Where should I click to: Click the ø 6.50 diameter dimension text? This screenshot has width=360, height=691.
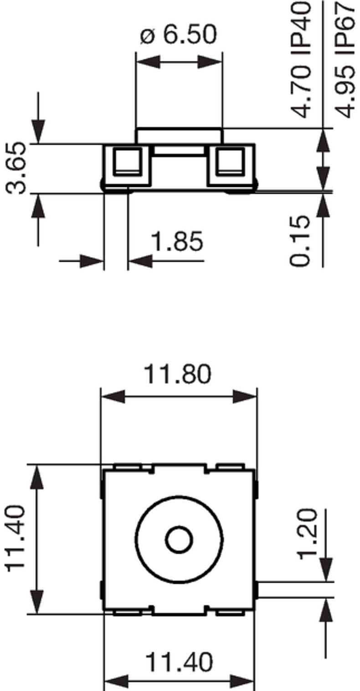pyautogui.click(x=178, y=35)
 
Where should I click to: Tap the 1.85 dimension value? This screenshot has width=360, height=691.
pyautogui.click(x=177, y=242)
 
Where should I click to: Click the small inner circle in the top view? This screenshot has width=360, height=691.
pyautogui.click(x=179, y=540)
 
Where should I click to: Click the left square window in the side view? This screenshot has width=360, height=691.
pyautogui.click(x=127, y=162)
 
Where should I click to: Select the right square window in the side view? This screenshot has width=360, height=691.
pyautogui.click(x=231, y=162)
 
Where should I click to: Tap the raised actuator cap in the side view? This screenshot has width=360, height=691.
pyautogui.click(x=179, y=135)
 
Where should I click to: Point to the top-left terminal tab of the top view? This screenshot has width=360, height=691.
pyautogui.click(x=127, y=467)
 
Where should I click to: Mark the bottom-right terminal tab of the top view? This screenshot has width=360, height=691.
pyautogui.click(x=230, y=613)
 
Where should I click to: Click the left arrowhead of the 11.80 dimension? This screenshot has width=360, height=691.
pyautogui.click(x=112, y=397)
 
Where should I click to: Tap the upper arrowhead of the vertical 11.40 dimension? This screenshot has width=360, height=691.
pyautogui.click(x=36, y=477)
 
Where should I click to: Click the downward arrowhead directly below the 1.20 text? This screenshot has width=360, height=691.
pyautogui.click(x=326, y=570)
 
